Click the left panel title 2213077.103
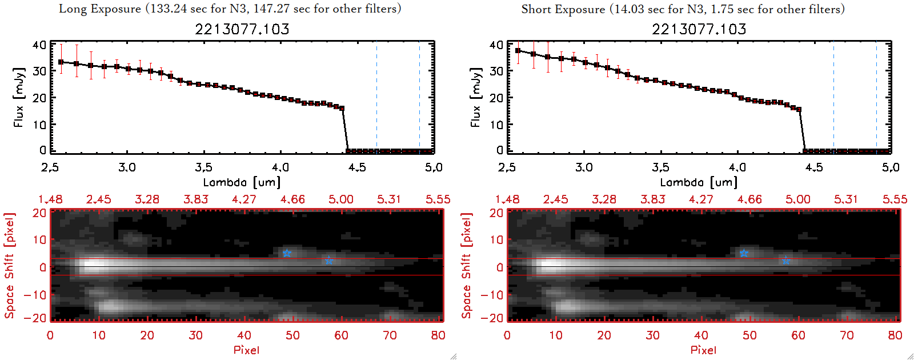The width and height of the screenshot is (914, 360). click(242, 29)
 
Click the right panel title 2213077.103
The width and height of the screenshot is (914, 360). click(699, 29)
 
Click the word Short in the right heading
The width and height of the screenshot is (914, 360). click(536, 9)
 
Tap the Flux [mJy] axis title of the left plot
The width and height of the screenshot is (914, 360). click(19, 97)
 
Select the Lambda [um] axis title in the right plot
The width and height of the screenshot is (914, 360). click(699, 182)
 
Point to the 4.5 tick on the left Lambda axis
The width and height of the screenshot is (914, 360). click(357, 167)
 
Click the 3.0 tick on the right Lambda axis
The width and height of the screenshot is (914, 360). click(584, 167)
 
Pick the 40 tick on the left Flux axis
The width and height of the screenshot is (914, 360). click(39, 45)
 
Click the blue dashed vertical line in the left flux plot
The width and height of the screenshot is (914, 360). click(419, 97)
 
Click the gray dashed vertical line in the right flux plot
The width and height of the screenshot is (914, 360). click(833, 97)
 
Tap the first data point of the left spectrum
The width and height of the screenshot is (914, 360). click(61, 62)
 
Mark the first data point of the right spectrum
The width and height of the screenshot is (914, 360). click(518, 51)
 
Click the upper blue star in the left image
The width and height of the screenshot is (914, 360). click(287, 253)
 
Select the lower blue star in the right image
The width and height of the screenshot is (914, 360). click(786, 261)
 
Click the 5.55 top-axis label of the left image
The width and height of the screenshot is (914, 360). click(438, 199)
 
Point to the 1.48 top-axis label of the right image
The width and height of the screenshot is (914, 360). click(507, 199)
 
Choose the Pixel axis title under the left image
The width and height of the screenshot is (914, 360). click(246, 350)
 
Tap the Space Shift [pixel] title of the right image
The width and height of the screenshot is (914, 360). click(467, 266)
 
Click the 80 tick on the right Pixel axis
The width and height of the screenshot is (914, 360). click(895, 335)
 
